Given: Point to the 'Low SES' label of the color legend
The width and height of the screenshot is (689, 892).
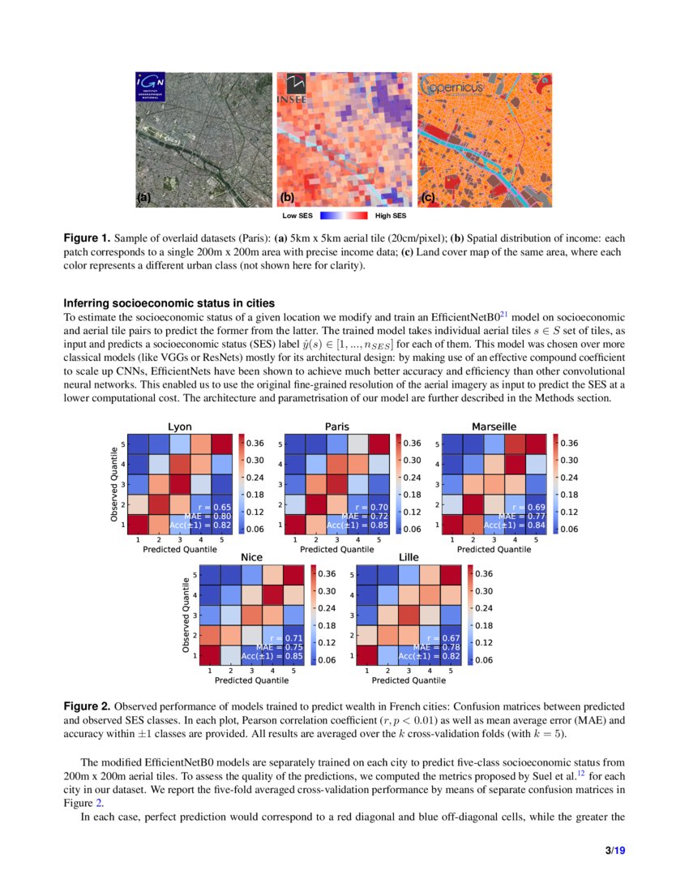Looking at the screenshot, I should (x=297, y=217).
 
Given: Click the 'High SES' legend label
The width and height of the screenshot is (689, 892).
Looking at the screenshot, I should (x=391, y=217).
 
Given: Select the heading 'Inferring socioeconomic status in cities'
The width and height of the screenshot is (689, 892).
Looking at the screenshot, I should (x=169, y=303).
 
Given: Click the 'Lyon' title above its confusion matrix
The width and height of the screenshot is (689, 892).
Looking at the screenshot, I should (x=179, y=427).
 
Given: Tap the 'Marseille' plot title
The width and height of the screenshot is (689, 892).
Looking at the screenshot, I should (x=494, y=427).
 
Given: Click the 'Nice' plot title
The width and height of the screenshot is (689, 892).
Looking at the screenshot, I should (x=251, y=558).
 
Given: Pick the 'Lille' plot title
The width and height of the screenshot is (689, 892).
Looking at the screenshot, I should (x=409, y=558).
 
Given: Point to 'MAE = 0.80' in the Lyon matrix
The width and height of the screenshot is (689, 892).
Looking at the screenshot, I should (x=209, y=516).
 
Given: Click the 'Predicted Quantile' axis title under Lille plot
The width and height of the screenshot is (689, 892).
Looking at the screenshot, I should (x=409, y=680).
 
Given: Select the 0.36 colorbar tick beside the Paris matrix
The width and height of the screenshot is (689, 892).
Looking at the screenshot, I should (x=412, y=444).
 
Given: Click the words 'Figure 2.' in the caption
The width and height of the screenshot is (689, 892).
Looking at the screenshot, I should (x=87, y=707).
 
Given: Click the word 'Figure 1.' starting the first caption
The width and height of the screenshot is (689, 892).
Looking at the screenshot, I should (x=87, y=238).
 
